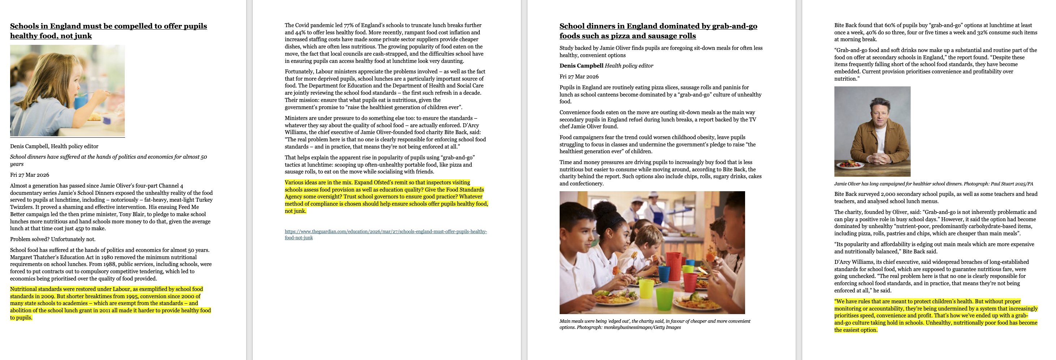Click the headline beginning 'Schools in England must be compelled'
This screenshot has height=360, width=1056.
click(108, 31)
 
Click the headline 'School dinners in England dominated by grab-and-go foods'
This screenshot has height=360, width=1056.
click(658, 31)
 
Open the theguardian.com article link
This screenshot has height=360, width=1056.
click(385, 234)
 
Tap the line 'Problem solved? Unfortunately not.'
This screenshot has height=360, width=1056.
click(52, 239)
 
